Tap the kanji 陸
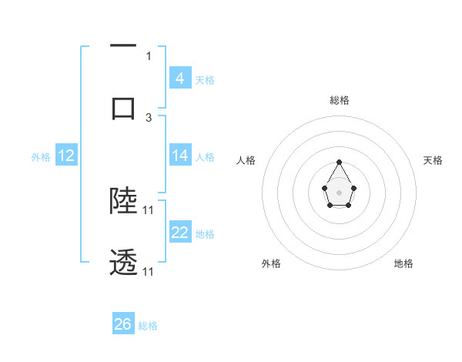[x=123, y=200]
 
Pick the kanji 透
[x=123, y=263]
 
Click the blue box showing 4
[x=179, y=78]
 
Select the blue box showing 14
[x=179, y=155]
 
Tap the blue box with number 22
[x=179, y=232]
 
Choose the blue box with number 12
[x=65, y=156]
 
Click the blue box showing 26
[x=122, y=324]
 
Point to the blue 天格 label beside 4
[x=205, y=79]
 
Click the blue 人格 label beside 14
[x=205, y=156]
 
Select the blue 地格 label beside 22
[x=205, y=233]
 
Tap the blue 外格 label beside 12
[x=41, y=156]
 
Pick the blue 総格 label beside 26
[x=148, y=326]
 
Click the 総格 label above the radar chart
[x=340, y=100]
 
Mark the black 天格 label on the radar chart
[x=433, y=160]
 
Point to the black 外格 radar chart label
[x=271, y=263]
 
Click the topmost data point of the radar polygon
[x=340, y=162]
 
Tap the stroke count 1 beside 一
[x=149, y=55]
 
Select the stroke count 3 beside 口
[x=149, y=117]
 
